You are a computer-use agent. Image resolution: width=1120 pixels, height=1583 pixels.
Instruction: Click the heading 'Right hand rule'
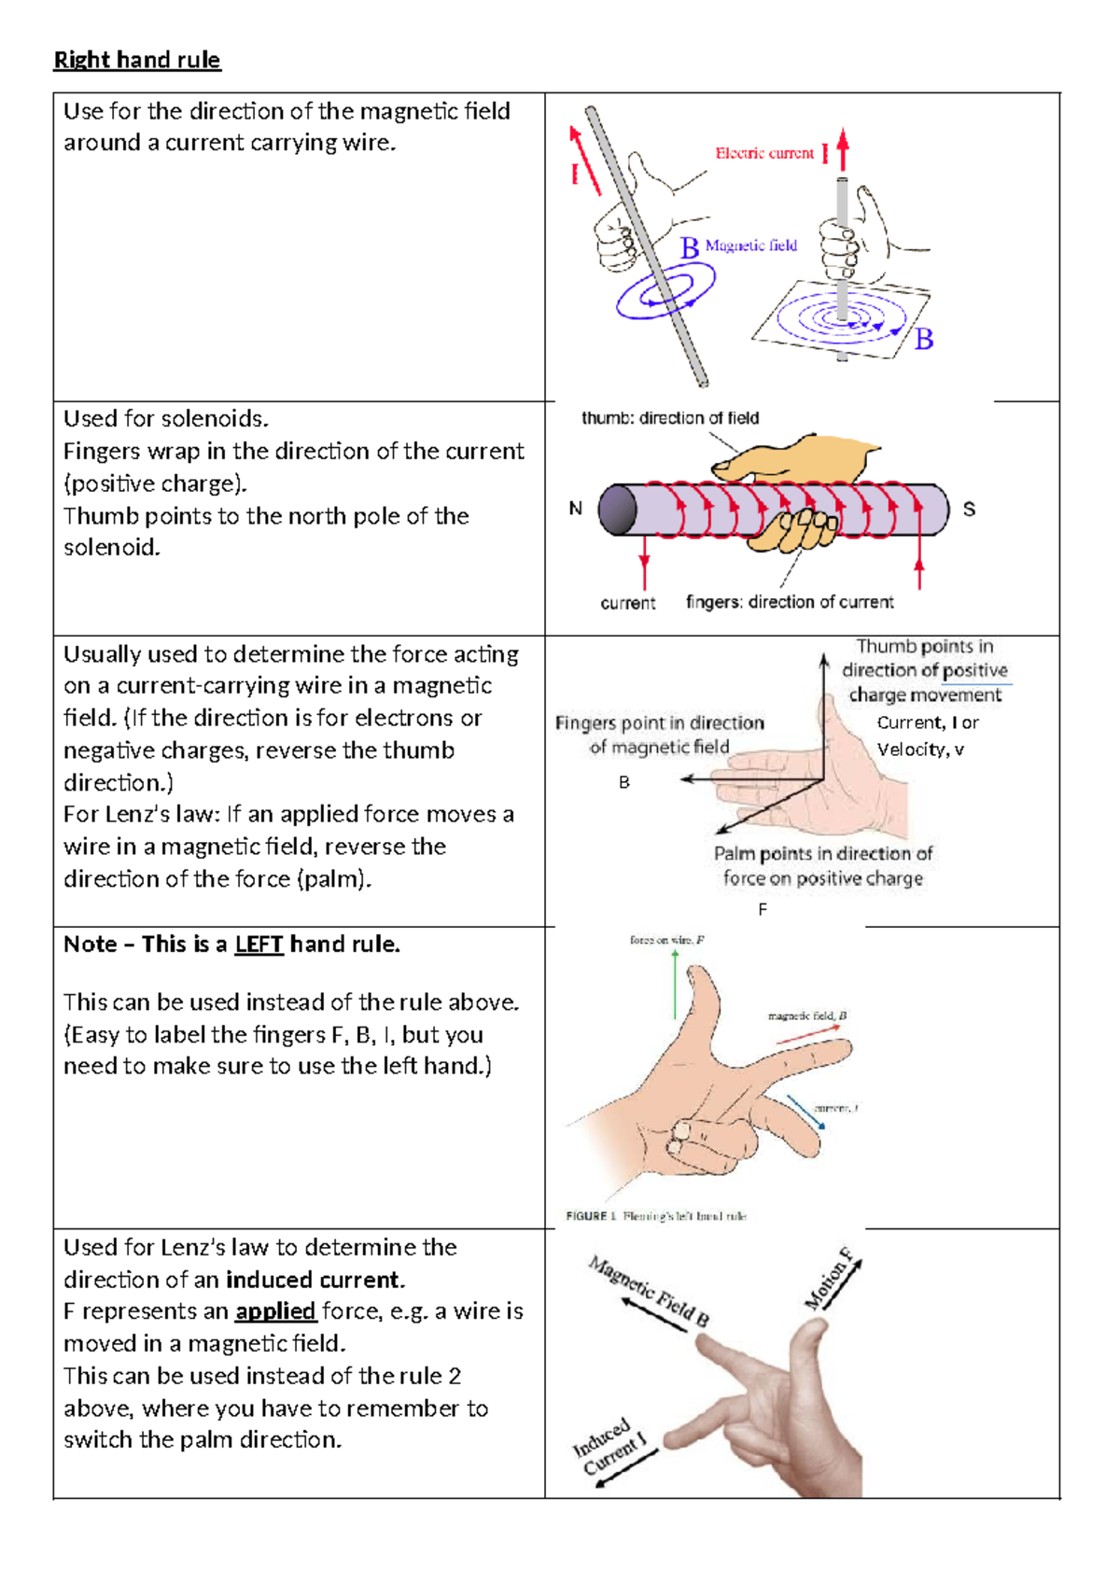point(137,61)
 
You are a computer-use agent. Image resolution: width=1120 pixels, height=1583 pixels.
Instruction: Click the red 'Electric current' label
point(764,153)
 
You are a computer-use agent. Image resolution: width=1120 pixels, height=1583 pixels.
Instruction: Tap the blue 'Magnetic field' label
point(751,245)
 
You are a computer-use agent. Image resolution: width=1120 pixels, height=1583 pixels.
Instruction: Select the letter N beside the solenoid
point(576,509)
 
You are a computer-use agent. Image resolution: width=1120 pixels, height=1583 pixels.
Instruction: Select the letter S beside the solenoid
point(969,510)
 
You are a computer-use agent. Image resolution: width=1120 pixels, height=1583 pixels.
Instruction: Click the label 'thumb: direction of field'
point(670,418)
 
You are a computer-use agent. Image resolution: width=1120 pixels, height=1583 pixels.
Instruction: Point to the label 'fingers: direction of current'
point(790,602)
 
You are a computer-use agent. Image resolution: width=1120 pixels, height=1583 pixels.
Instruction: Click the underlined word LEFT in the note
point(259,945)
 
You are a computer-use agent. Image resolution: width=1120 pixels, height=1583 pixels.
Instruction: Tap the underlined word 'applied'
point(275,1311)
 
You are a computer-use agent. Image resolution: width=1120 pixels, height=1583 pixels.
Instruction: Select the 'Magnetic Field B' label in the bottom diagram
point(650,1292)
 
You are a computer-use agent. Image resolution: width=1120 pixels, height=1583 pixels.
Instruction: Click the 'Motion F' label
point(830,1278)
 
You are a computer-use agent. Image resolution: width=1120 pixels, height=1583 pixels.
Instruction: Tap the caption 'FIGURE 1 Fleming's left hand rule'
point(656,1216)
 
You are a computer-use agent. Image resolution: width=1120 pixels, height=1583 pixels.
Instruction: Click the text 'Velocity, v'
point(920,749)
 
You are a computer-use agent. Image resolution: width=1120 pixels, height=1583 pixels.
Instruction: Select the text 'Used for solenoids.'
point(166,419)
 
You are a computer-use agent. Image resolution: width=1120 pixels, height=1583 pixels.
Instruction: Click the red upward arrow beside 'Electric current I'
point(843,149)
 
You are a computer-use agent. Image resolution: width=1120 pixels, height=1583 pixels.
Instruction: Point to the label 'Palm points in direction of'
point(823,854)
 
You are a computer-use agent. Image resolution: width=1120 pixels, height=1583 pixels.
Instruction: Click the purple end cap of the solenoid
point(617,510)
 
